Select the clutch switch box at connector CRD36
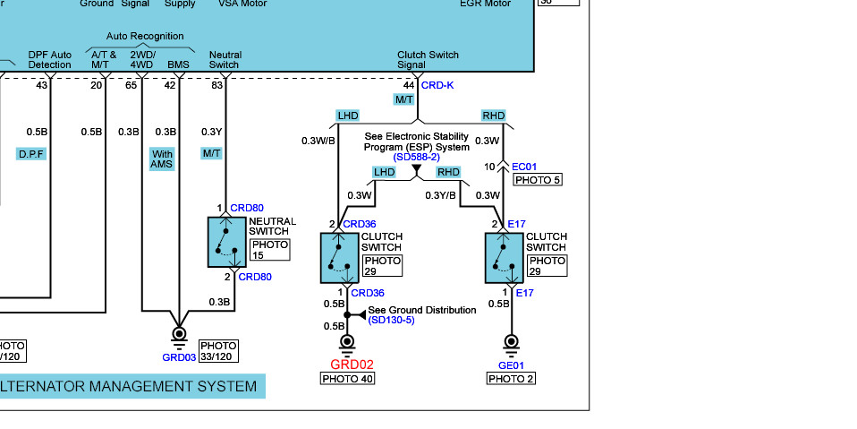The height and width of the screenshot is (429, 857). [x=338, y=258]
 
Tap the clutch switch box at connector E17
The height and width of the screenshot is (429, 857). [x=504, y=258]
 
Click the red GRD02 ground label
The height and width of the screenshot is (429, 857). [x=352, y=365]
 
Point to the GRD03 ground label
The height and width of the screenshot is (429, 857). [x=179, y=357]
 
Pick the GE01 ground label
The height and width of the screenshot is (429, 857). [x=511, y=365]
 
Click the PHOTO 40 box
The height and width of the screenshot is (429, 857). [x=347, y=379]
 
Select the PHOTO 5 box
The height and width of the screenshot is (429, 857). [x=537, y=180]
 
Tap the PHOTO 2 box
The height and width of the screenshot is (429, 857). [x=511, y=379]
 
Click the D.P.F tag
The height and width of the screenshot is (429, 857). [x=31, y=154]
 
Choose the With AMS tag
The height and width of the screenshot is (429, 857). [x=162, y=159]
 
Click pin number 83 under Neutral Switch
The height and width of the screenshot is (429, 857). [x=217, y=85]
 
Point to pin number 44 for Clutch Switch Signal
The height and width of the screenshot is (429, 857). [x=409, y=85]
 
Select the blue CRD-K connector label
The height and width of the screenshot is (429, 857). [x=437, y=85]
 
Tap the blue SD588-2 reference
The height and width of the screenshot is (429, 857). [x=416, y=157]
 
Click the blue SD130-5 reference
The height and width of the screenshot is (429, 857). [x=392, y=320]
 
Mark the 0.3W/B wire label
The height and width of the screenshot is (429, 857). [x=318, y=141]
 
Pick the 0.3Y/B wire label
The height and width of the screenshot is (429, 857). [x=440, y=195]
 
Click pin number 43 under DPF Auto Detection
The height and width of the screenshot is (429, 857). [x=42, y=85]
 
